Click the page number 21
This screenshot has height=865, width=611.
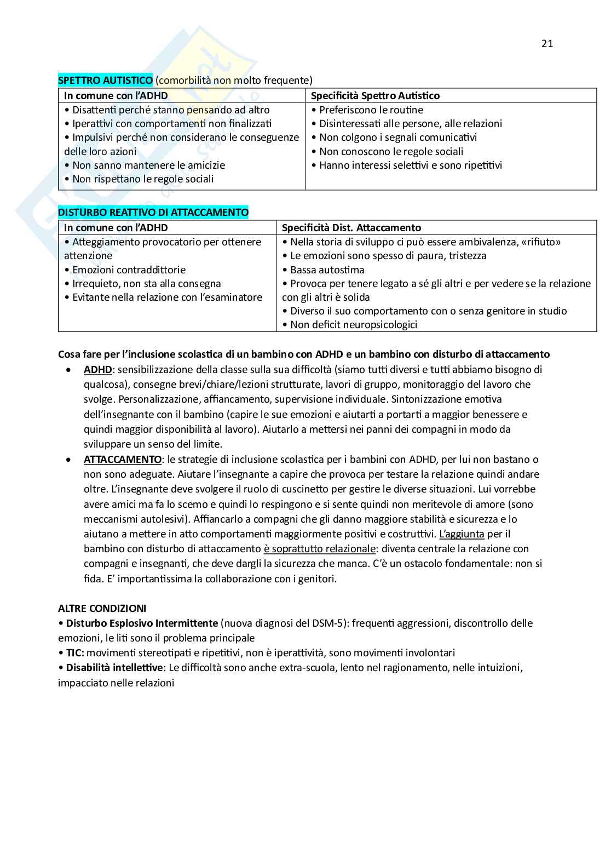(x=547, y=44)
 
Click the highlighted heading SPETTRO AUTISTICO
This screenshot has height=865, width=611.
(x=106, y=81)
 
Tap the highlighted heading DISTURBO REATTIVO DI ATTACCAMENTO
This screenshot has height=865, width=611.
(x=153, y=213)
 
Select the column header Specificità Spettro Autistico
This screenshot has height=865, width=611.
(x=375, y=96)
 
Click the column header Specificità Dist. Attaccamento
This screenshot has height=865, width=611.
(x=351, y=228)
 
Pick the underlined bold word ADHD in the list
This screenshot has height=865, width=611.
(x=97, y=370)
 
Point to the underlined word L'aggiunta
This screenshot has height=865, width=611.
(x=462, y=534)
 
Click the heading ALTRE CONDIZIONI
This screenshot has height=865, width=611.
(x=102, y=609)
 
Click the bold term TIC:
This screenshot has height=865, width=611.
(x=75, y=653)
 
